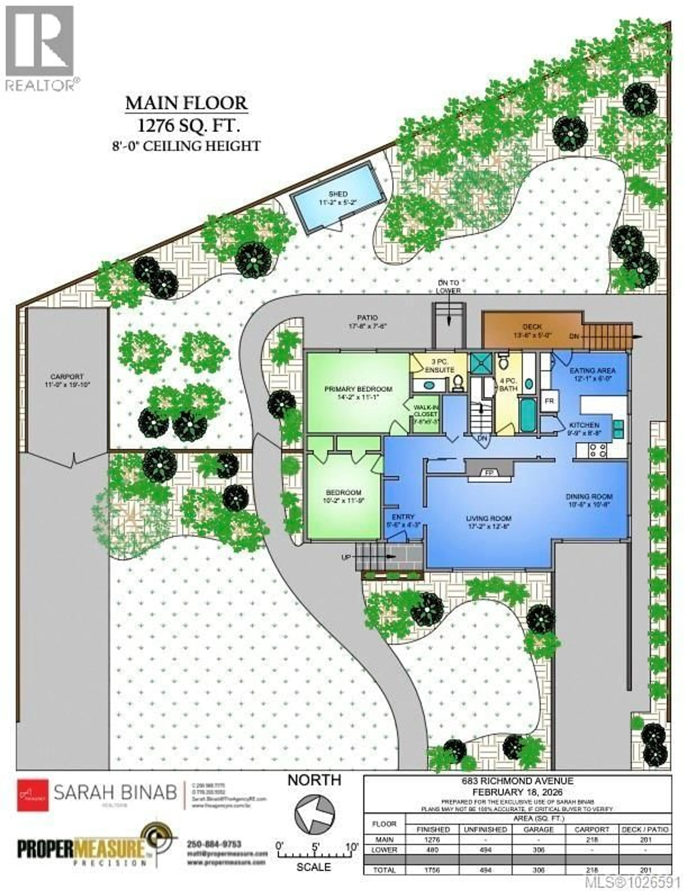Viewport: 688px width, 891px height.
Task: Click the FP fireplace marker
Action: pyautogui.click(x=489, y=472)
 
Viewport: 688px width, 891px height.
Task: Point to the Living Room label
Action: pyautogui.click(x=488, y=519)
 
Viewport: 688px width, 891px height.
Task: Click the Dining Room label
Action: pyautogui.click(x=589, y=497)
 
